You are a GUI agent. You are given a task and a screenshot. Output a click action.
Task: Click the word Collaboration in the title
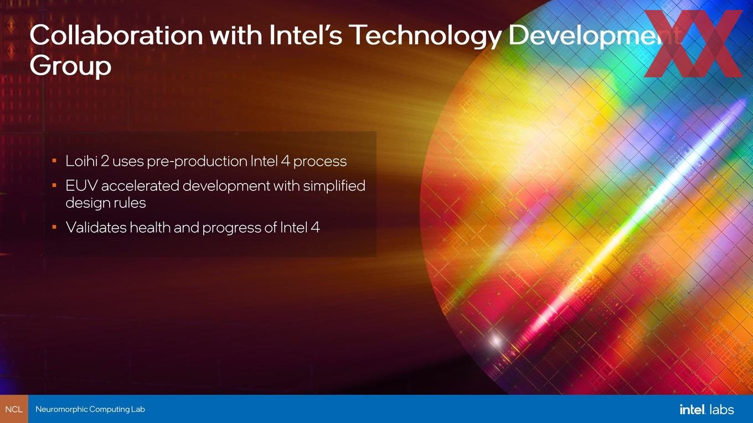tap(116, 35)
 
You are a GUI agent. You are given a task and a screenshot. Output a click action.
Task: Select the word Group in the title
tap(70, 66)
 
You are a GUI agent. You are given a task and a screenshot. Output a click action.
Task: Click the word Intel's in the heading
tap(306, 35)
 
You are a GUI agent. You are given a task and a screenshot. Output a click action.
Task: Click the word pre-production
tap(197, 161)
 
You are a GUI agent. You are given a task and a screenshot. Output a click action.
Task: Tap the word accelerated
tap(140, 186)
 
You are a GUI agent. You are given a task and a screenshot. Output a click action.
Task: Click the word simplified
tap(334, 186)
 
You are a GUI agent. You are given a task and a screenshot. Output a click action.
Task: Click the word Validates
tap(96, 227)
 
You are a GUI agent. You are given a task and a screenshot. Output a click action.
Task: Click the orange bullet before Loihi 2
tap(54, 160)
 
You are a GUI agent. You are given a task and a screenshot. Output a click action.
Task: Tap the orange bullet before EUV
tap(54, 185)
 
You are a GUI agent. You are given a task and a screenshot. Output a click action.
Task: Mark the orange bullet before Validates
tap(54, 227)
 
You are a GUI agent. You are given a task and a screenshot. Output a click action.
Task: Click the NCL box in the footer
tap(14, 409)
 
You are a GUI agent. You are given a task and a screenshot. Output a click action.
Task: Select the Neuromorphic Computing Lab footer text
tap(90, 409)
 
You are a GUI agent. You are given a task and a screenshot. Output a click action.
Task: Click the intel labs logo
tap(706, 409)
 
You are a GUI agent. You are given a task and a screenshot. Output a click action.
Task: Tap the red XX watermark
tap(693, 44)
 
